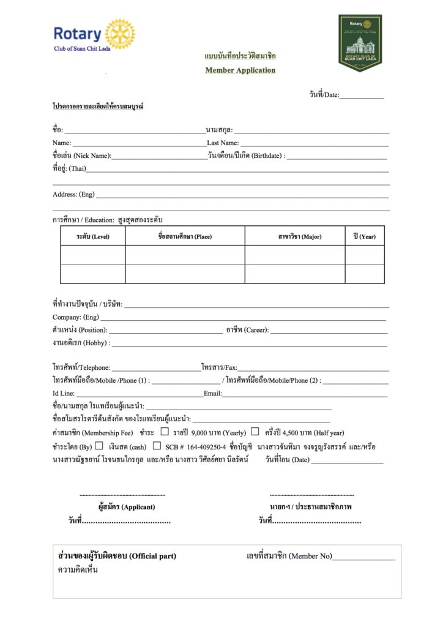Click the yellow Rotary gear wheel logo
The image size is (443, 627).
point(121,34)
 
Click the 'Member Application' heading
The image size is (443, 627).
point(240,70)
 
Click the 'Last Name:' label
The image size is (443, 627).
point(223,143)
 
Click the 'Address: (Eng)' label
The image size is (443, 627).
point(73,194)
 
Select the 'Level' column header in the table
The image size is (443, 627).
point(93,236)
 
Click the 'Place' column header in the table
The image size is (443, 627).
point(185,236)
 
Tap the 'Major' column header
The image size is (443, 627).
point(295,236)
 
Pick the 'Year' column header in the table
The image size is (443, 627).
point(364,236)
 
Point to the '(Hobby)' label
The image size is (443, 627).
point(97,343)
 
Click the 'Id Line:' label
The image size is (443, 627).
point(64,393)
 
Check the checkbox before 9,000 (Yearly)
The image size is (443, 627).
point(164,432)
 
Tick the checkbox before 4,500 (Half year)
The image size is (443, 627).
point(255,432)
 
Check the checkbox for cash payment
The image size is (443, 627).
point(99,446)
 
